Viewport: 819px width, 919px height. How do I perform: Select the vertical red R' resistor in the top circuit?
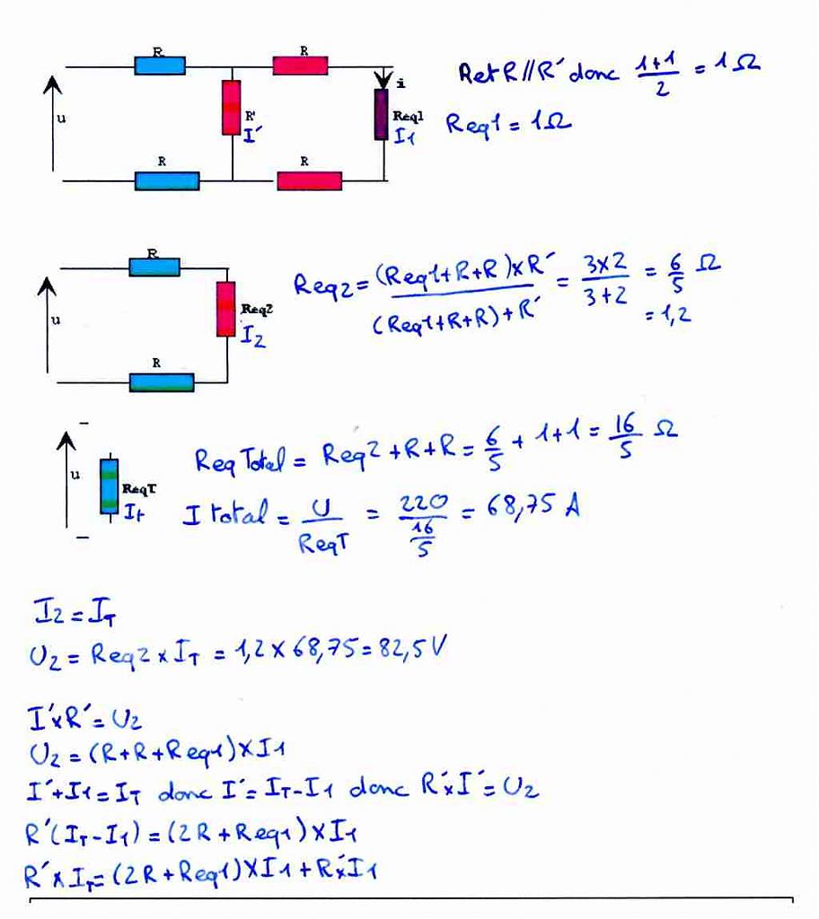[232, 107]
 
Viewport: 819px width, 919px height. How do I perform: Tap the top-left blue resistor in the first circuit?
[160, 66]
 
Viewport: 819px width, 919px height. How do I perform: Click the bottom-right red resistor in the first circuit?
[310, 180]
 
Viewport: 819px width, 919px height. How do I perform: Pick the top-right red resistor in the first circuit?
[300, 66]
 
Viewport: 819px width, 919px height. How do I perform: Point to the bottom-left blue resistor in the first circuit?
[167, 180]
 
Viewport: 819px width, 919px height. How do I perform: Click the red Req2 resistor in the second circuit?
[225, 309]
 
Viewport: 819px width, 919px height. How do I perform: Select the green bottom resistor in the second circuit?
[162, 382]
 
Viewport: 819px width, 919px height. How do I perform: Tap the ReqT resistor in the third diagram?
[109, 485]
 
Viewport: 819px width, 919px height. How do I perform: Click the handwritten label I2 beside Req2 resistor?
[253, 338]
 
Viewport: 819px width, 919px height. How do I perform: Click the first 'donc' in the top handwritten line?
[588, 74]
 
